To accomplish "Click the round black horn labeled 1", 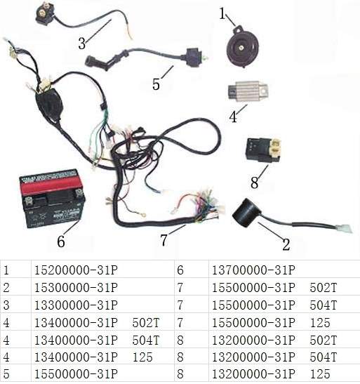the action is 242,47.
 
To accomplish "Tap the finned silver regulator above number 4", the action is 248,91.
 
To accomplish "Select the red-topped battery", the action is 52,199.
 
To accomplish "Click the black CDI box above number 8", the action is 263,150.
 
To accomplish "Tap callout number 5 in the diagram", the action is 156,84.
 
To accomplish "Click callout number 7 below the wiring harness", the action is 164,240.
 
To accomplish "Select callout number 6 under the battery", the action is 61,241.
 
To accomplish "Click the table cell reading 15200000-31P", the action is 76,270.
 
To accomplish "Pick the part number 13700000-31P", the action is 253,270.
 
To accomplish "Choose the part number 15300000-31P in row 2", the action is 76,288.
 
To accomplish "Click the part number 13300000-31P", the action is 76,305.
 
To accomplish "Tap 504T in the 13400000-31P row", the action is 146,340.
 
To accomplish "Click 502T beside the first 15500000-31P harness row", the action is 324,288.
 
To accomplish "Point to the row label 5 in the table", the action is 6,374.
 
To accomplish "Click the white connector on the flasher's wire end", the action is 343,228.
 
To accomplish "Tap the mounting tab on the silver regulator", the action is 263,91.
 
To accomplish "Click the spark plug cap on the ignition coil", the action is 94,61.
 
